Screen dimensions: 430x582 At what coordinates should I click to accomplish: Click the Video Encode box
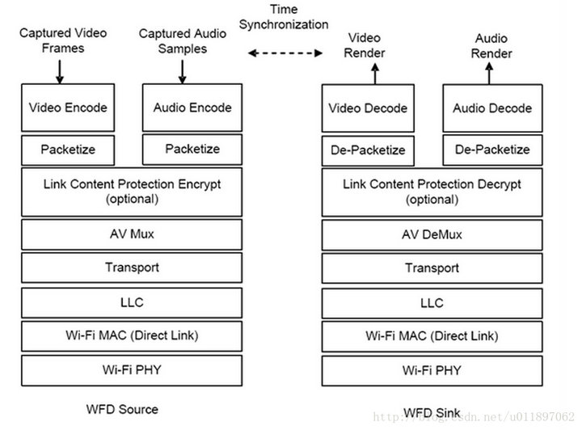pos(68,107)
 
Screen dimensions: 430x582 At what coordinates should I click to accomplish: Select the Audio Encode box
pos(192,107)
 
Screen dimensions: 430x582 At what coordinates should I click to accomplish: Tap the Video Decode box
pos(368,108)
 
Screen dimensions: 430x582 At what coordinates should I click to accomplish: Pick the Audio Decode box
pos(491,108)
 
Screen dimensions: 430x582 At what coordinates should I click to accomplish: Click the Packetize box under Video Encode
pos(68,150)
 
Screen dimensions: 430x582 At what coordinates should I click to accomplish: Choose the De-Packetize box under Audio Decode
pos(491,150)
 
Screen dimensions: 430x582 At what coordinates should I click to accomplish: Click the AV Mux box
pos(131,234)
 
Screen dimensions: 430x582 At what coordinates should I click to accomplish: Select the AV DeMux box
pos(431,234)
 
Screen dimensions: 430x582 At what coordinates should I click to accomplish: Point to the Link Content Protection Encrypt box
pos(131,191)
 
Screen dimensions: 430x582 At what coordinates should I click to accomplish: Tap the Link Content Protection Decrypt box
pos(431,191)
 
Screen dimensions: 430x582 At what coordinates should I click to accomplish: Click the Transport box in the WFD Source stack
pos(131,268)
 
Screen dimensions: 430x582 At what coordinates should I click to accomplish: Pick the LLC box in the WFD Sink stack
pos(431,303)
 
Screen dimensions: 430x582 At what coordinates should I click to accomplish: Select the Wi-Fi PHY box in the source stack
pos(131,370)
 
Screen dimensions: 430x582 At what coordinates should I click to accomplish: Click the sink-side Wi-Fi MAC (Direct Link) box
pos(431,335)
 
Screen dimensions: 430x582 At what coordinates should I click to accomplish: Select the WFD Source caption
pos(121,409)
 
